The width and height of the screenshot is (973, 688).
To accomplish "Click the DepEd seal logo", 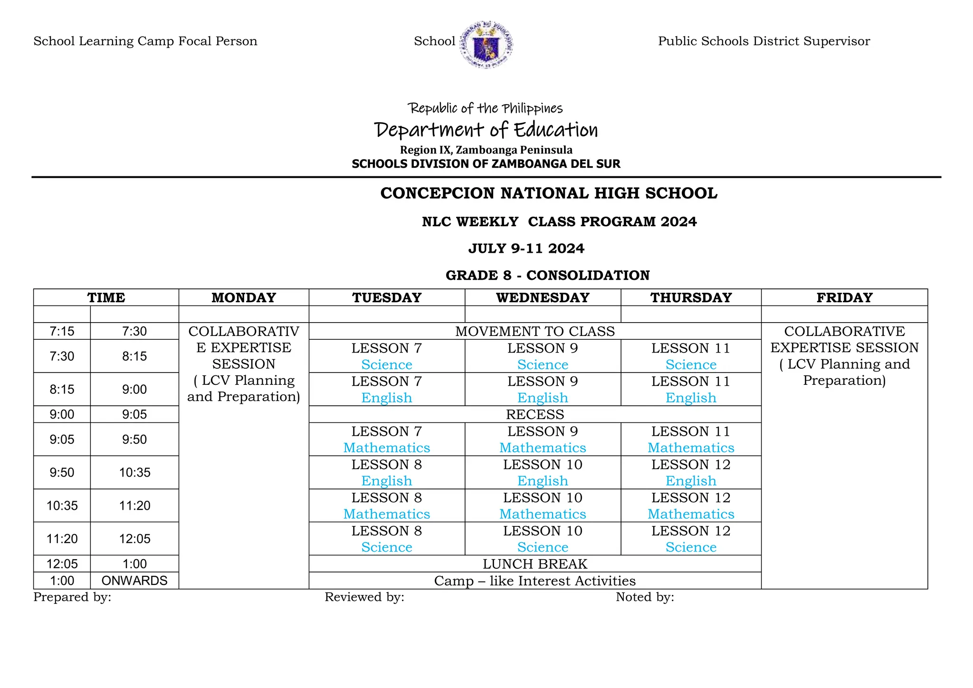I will point(486,44).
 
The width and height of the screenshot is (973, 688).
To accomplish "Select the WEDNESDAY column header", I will point(543,297).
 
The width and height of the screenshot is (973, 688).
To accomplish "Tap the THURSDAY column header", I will point(691,297).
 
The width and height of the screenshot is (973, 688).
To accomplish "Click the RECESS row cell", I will point(535,414).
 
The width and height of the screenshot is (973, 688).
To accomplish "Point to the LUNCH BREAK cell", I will point(535,564).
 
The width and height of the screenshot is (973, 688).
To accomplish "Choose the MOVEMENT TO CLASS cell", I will point(535,331).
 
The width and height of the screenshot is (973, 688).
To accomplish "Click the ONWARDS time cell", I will point(134,581).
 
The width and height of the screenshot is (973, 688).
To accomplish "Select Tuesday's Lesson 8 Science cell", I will point(387,539).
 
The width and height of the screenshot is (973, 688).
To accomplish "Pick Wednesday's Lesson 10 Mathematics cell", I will point(543,506).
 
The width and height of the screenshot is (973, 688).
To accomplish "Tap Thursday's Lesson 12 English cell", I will point(691,472).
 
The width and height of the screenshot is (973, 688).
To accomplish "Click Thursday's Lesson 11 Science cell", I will point(691,356).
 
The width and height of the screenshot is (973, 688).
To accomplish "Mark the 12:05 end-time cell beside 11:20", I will point(134,539).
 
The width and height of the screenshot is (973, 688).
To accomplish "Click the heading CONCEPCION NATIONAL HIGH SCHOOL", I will point(549,193).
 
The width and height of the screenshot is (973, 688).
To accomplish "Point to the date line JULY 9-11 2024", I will point(526,248).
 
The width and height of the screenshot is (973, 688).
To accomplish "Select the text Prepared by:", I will point(72,597).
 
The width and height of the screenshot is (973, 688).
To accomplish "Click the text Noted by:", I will point(645,597).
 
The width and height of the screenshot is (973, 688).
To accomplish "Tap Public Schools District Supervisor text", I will point(764,41).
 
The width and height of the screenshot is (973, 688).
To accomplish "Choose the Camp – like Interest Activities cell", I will point(535,581).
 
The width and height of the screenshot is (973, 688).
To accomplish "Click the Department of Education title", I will point(486,130).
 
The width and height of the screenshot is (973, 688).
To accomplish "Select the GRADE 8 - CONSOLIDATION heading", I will point(547,275).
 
